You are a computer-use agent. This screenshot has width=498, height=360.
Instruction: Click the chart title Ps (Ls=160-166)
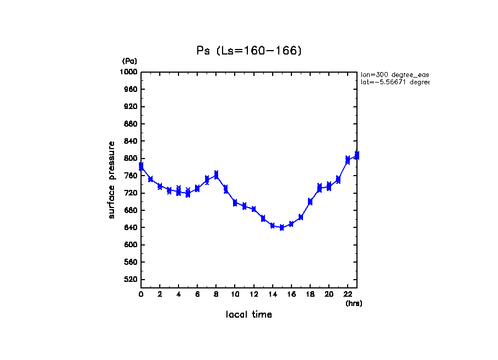249,51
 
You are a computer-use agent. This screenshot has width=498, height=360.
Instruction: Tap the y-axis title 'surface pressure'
112,179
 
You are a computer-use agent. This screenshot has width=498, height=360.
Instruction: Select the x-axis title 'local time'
248,315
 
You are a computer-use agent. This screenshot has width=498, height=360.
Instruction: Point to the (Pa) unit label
129,61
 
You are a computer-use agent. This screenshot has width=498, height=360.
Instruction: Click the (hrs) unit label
354,303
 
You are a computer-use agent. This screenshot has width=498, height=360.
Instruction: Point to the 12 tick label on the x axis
253,294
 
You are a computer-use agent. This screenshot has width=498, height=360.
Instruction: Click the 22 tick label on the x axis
348,294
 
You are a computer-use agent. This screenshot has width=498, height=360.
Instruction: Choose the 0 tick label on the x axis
141,294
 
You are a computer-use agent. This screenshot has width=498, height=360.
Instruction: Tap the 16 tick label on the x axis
291,294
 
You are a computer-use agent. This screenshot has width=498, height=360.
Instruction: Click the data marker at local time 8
216,174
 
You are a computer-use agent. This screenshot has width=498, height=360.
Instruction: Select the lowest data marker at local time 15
282,227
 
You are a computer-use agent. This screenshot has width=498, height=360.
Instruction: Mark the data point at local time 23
357,155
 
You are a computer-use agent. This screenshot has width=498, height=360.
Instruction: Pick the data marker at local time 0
141,166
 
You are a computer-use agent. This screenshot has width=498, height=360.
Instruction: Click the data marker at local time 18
310,201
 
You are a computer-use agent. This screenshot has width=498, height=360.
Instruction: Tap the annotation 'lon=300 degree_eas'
394,74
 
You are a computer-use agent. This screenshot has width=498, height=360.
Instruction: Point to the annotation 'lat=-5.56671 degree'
394,82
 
